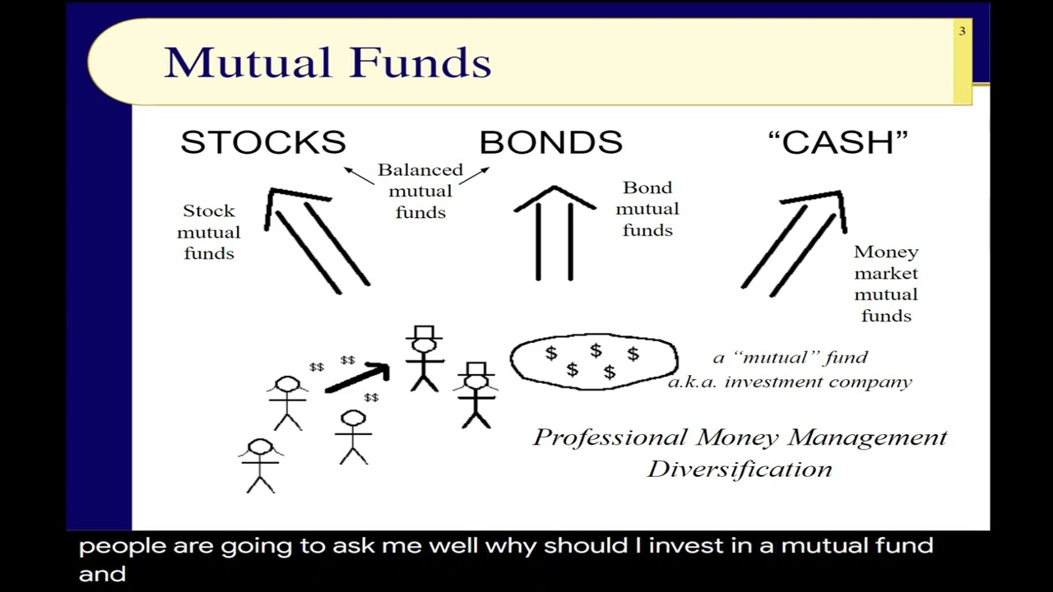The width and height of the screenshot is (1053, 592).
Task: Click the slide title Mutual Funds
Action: point(327,62)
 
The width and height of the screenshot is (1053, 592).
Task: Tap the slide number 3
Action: point(962,31)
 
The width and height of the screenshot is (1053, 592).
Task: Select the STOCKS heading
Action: point(263,142)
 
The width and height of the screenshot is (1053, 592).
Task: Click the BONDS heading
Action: point(550,142)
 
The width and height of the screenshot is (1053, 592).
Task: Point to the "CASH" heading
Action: point(837,142)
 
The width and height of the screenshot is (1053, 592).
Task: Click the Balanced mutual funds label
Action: point(420,191)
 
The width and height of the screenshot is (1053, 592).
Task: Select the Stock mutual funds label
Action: point(209,232)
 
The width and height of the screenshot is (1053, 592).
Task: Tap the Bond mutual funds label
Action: point(647,209)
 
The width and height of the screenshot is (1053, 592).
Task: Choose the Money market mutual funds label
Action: point(886,284)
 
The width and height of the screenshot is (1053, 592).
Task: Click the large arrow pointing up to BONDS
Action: point(554,234)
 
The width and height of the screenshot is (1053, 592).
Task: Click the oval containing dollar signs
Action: point(593,361)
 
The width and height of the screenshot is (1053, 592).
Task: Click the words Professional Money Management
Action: point(740,437)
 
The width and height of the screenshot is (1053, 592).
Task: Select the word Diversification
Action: point(740,469)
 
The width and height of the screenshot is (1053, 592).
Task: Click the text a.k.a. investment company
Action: point(790,382)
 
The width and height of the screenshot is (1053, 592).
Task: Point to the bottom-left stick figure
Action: point(260,465)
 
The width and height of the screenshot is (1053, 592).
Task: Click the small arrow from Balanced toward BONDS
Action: point(474,175)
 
